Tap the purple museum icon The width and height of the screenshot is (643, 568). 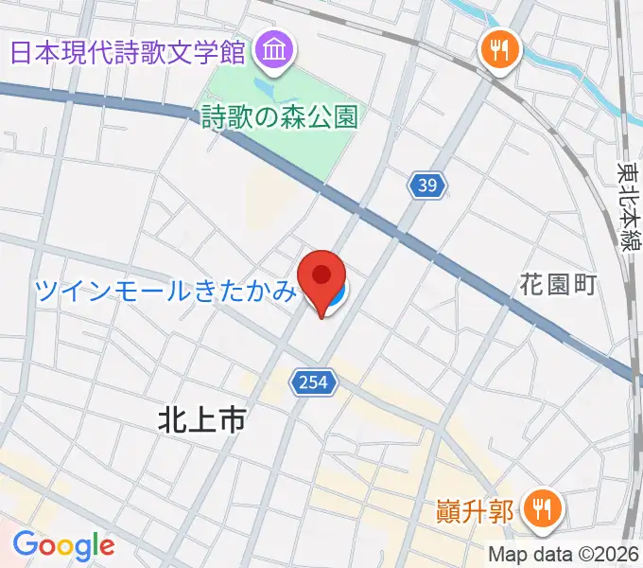275,49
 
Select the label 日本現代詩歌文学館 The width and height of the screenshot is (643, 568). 129,50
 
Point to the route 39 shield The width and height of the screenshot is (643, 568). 427,186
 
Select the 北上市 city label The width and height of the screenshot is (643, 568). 200,420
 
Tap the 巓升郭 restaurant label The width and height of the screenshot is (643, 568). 477,512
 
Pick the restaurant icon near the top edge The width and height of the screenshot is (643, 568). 498,49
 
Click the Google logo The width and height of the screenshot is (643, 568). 63,545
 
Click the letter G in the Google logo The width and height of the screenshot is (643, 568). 24,544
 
